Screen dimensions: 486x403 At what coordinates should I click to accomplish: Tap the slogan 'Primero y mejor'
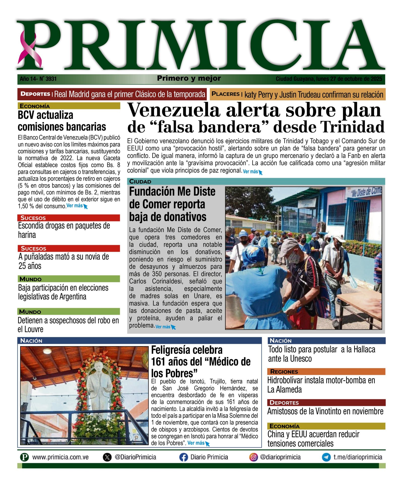coord(189,78)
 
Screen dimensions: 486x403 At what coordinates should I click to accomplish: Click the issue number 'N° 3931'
coord(48,79)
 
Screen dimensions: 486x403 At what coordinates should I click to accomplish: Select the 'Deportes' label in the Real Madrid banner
coord(35,94)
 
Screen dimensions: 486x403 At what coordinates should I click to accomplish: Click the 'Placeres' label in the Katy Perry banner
coord(225,94)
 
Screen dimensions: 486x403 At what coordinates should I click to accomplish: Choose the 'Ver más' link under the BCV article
coord(75,206)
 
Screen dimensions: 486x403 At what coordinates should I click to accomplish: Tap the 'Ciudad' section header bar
coord(256,181)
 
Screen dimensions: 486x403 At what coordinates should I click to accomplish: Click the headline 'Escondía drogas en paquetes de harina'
coord(64,230)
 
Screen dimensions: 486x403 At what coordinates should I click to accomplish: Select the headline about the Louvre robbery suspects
coord(68,325)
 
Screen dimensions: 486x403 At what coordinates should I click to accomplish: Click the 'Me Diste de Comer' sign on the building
coord(366,192)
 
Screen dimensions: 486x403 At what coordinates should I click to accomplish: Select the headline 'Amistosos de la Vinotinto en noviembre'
coord(325,411)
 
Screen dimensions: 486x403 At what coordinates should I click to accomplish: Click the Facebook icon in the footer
coord(184,457)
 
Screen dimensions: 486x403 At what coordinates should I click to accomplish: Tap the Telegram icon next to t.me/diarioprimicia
coord(326,457)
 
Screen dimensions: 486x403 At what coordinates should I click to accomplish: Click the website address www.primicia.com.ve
coord(60,457)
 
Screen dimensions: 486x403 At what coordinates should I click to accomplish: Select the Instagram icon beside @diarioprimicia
coord(253,457)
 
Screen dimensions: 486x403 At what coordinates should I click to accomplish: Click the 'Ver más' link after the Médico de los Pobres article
coord(196,443)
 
